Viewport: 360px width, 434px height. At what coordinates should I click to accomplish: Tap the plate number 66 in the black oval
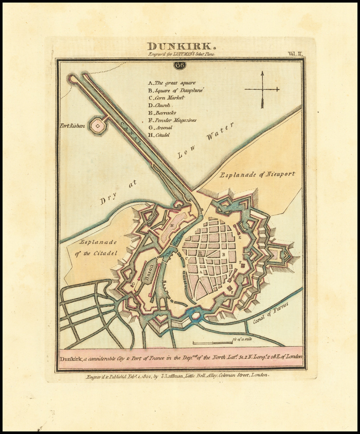tap(180, 65)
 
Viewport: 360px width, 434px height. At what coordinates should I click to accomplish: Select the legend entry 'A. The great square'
tap(172, 83)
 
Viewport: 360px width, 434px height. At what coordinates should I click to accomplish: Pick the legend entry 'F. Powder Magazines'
tap(172, 120)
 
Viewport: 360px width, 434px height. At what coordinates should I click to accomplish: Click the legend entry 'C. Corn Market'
tap(166, 98)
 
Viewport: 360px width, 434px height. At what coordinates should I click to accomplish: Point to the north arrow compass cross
tap(262, 89)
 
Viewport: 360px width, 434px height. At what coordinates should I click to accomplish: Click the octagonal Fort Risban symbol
tap(97, 126)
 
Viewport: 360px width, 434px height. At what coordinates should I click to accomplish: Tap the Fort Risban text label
tap(72, 126)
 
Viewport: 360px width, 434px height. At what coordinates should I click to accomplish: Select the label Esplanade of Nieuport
tap(257, 174)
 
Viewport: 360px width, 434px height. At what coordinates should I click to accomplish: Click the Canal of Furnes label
tap(271, 313)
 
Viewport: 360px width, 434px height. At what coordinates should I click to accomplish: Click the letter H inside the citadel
tap(172, 225)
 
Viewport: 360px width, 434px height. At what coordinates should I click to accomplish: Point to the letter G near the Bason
tap(133, 284)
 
